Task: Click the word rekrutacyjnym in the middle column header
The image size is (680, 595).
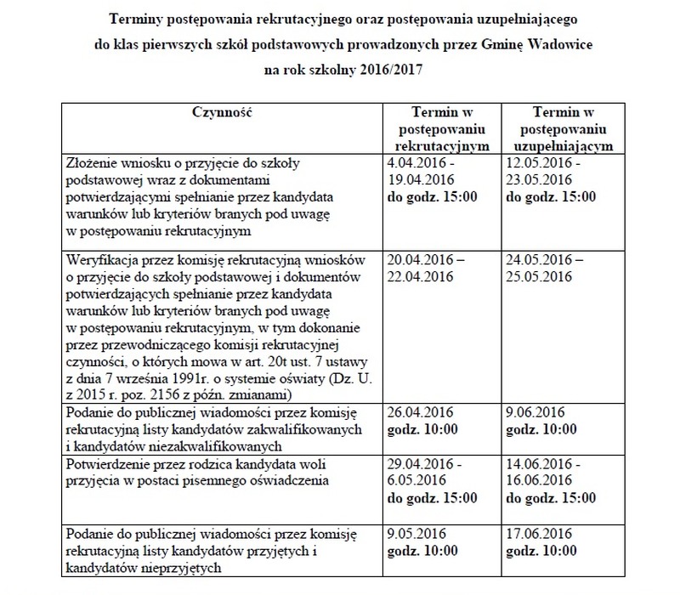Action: coord(442,144)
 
